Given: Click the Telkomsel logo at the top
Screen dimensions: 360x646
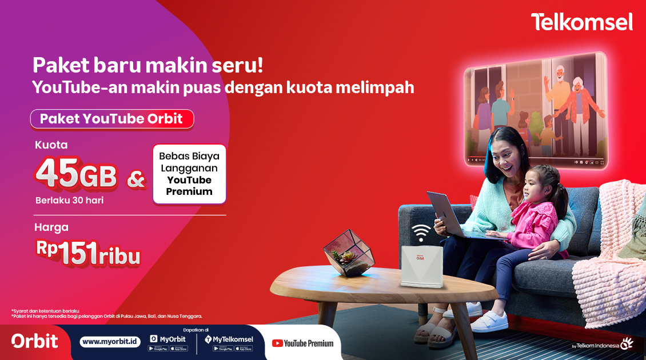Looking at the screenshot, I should coord(581,22).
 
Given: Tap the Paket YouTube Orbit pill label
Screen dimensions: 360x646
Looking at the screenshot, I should coord(111,119).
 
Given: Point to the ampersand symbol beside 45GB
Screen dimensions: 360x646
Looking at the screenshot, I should coord(135,179).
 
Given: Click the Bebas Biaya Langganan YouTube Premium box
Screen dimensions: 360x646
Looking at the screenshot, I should coord(189,174).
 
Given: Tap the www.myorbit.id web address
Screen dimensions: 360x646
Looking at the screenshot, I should coord(110,342).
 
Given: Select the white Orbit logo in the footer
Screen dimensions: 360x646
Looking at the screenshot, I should coord(35,341).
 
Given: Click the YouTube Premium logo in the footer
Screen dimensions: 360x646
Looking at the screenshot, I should coord(302,343).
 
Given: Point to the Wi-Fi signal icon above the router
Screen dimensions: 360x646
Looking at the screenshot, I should coord(421,232).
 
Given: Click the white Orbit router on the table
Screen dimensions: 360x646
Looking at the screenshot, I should coord(421,266).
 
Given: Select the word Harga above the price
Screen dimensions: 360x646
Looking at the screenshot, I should coord(51,227).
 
